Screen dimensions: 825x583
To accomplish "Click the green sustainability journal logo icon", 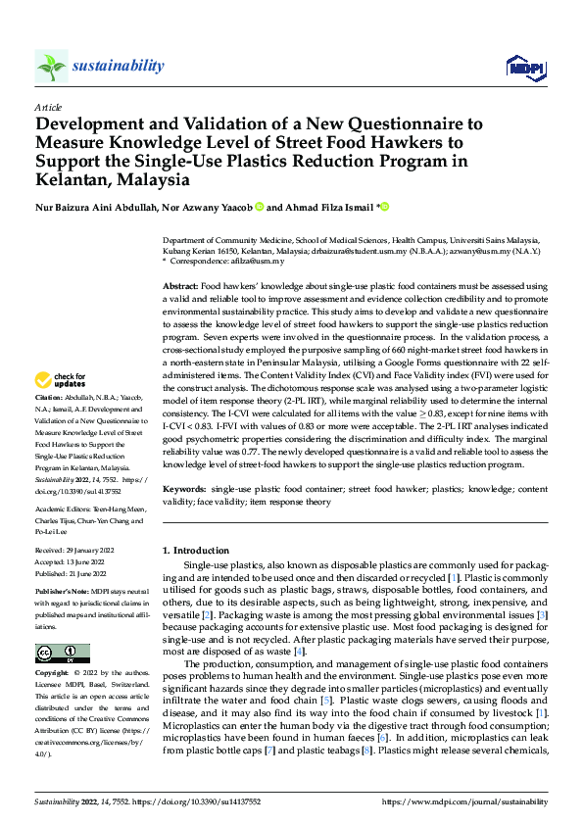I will [x=51, y=67].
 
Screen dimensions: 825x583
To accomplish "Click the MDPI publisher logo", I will [x=523, y=67].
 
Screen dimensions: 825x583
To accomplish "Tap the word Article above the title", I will [x=48, y=107].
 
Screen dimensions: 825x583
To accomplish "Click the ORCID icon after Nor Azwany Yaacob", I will [x=261, y=207].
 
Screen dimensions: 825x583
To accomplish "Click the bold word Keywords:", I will [x=183, y=487].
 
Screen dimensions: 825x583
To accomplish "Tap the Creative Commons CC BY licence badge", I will [x=62, y=625].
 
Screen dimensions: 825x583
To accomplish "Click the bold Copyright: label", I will [x=52, y=647].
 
